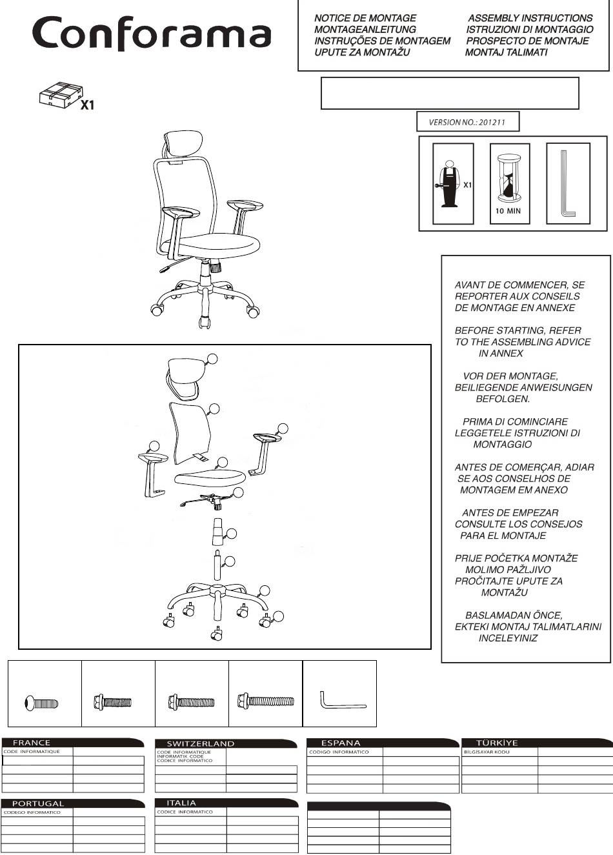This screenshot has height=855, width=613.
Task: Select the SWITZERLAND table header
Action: click(x=201, y=743)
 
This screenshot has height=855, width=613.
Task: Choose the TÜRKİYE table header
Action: click(x=497, y=743)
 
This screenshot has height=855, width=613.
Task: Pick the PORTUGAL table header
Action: click(x=39, y=803)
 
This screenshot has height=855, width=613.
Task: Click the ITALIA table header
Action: click(x=181, y=803)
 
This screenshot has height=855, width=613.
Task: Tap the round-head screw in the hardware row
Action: click(x=41, y=701)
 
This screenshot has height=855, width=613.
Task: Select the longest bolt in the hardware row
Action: click(x=265, y=700)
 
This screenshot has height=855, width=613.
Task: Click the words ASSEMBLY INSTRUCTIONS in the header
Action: click(x=530, y=18)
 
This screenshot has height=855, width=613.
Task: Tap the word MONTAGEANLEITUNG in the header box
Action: click(x=365, y=30)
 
